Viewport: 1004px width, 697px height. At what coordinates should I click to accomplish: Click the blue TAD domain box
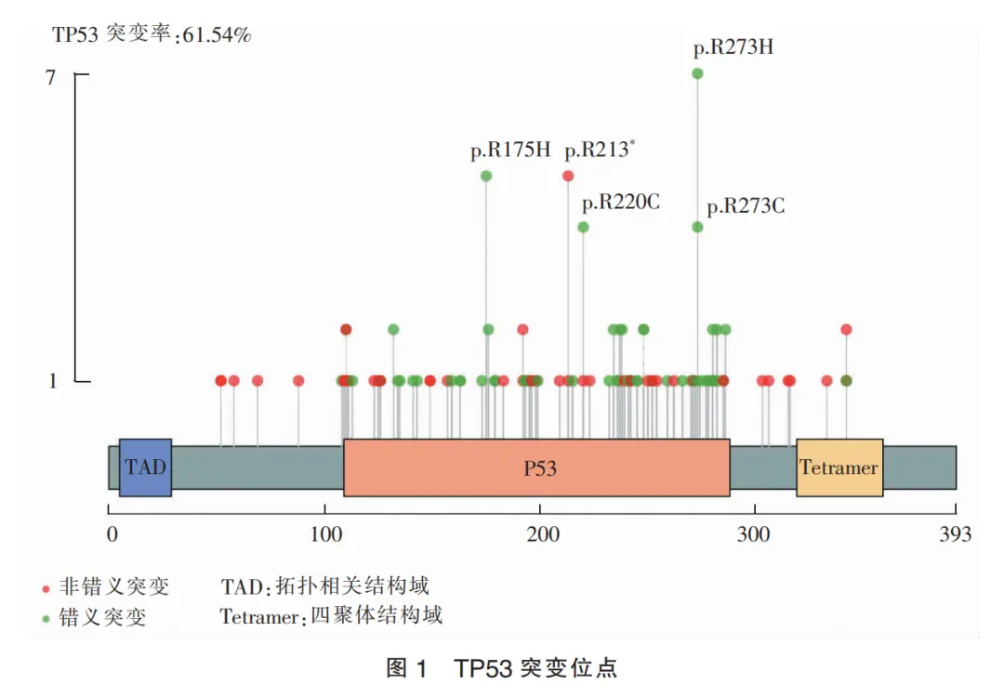click(x=145, y=467)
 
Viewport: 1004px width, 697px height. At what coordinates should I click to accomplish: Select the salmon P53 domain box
click(x=536, y=467)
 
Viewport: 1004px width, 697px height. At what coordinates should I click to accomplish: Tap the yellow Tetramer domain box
click(x=839, y=467)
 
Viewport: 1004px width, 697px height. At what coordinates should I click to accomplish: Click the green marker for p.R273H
click(x=697, y=73)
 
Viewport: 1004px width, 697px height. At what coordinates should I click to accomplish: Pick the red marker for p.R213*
click(x=568, y=176)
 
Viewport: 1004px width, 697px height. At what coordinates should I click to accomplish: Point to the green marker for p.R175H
click(x=485, y=176)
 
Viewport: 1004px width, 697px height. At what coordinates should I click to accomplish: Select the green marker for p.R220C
click(x=583, y=227)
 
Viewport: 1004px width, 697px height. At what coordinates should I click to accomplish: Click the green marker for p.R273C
click(x=697, y=227)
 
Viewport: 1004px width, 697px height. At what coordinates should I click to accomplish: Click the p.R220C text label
click(x=620, y=202)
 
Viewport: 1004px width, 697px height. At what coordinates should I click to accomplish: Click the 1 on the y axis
click(x=52, y=381)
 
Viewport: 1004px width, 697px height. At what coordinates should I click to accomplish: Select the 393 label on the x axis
click(x=955, y=534)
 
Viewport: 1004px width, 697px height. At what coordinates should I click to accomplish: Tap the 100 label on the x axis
click(x=324, y=534)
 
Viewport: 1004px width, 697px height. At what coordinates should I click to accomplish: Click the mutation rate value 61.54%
click(x=217, y=36)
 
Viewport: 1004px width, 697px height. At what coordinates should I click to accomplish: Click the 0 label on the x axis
click(x=112, y=534)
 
